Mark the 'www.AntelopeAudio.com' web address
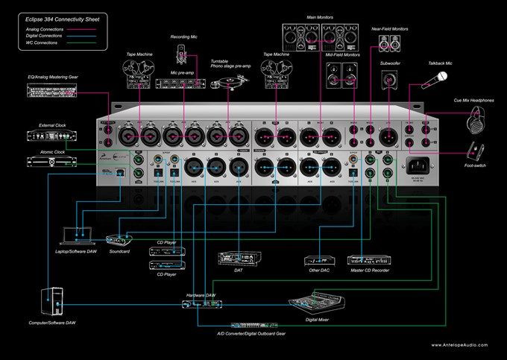coord(462,344)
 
